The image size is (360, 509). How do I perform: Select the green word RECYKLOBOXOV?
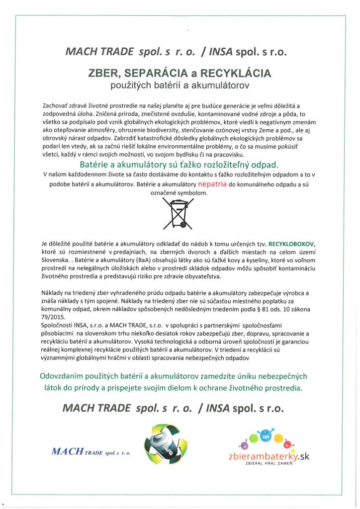292,245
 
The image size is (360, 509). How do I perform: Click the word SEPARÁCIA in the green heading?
151,74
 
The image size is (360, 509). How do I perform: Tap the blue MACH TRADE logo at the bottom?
91,452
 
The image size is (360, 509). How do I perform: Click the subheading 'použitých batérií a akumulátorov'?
180,85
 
